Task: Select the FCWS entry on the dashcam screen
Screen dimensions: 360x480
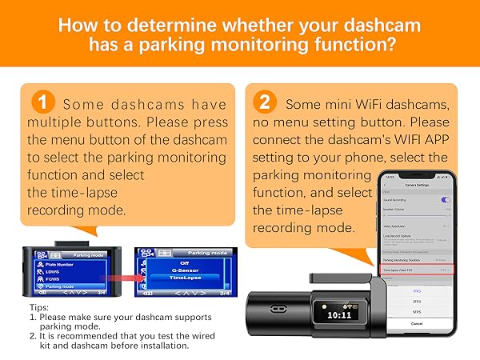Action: pyautogui.click(x=56, y=278)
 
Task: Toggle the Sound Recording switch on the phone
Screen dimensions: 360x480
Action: pyautogui.click(x=445, y=199)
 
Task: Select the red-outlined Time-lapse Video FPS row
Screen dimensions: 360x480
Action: pyautogui.click(x=413, y=271)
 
